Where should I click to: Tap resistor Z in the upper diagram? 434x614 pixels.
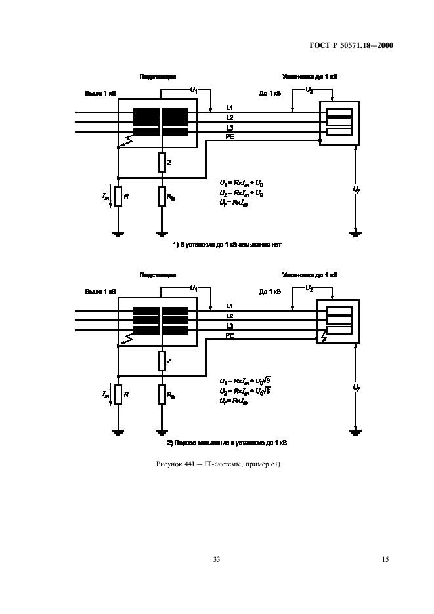(161, 161)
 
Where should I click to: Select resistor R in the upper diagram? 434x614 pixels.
(118, 195)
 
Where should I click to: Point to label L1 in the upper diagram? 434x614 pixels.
(230, 108)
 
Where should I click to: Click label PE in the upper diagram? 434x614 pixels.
(230, 136)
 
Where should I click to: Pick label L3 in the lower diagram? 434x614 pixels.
(230, 326)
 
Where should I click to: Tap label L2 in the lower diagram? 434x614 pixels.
(230, 316)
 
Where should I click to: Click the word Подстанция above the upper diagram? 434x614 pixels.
(158, 77)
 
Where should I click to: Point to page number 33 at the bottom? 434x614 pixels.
(217, 559)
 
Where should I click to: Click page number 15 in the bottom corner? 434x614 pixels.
(385, 559)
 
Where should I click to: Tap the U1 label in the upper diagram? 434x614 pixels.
(194, 88)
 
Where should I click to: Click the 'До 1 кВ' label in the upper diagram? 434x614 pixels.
(270, 93)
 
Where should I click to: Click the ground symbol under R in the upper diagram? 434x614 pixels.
(118, 232)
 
